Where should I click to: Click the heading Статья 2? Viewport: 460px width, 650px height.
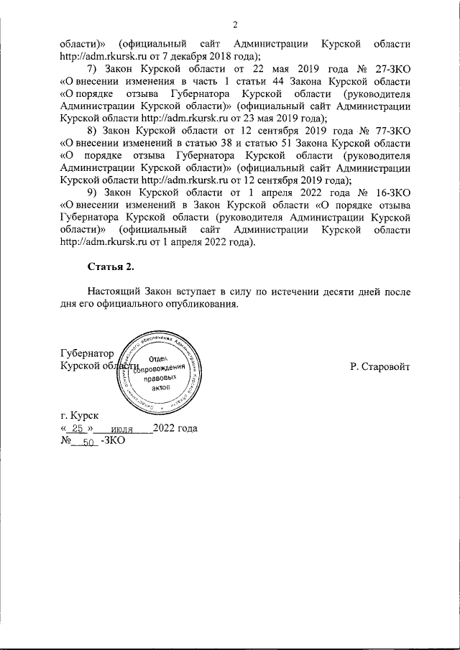coord(111,267)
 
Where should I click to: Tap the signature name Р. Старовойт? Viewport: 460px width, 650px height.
coord(380,366)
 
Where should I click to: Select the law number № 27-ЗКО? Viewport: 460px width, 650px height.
coord(388,69)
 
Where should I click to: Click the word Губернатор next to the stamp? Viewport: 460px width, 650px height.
coord(88,353)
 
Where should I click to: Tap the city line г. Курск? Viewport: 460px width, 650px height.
coord(80,416)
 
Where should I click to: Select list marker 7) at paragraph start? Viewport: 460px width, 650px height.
coord(93,69)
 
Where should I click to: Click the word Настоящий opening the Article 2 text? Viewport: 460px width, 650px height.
coord(114,292)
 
